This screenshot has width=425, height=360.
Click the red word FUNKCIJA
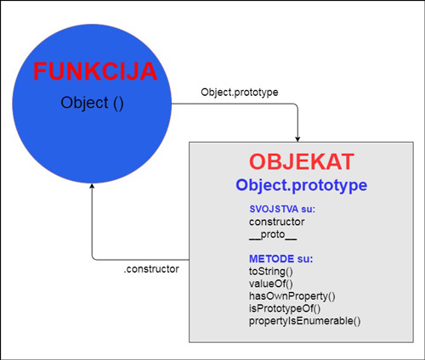tap(94, 71)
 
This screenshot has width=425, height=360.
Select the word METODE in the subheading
tap(265, 256)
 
